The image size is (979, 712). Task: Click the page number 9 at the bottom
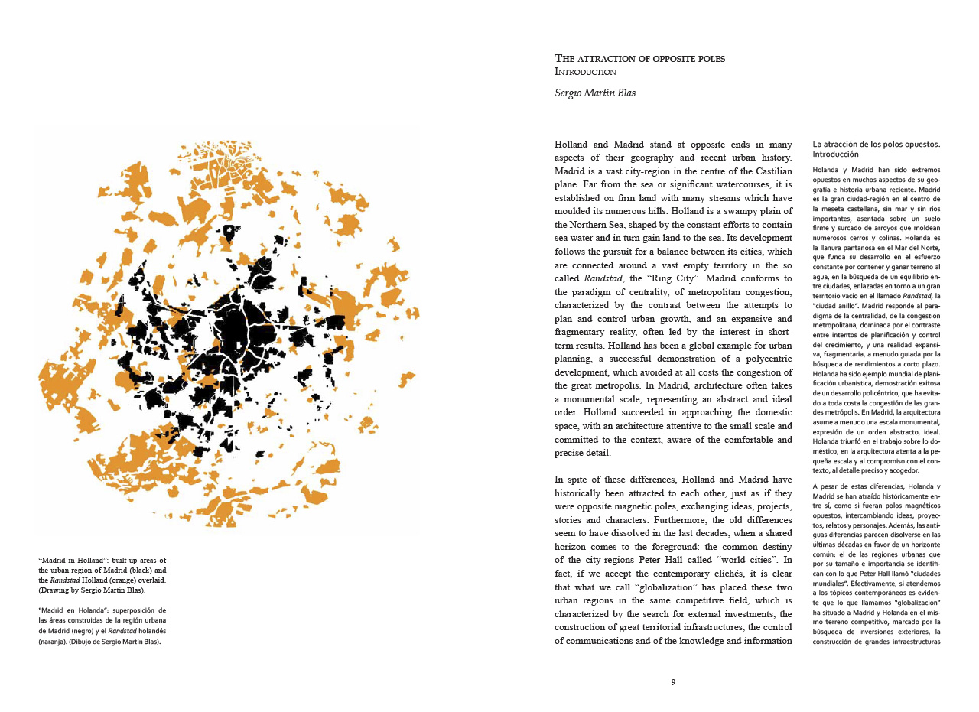click(x=673, y=682)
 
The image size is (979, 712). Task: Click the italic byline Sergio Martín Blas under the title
click(x=595, y=93)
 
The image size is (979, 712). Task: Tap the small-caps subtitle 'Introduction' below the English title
click(x=585, y=72)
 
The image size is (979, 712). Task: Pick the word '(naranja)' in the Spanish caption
click(x=55, y=642)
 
